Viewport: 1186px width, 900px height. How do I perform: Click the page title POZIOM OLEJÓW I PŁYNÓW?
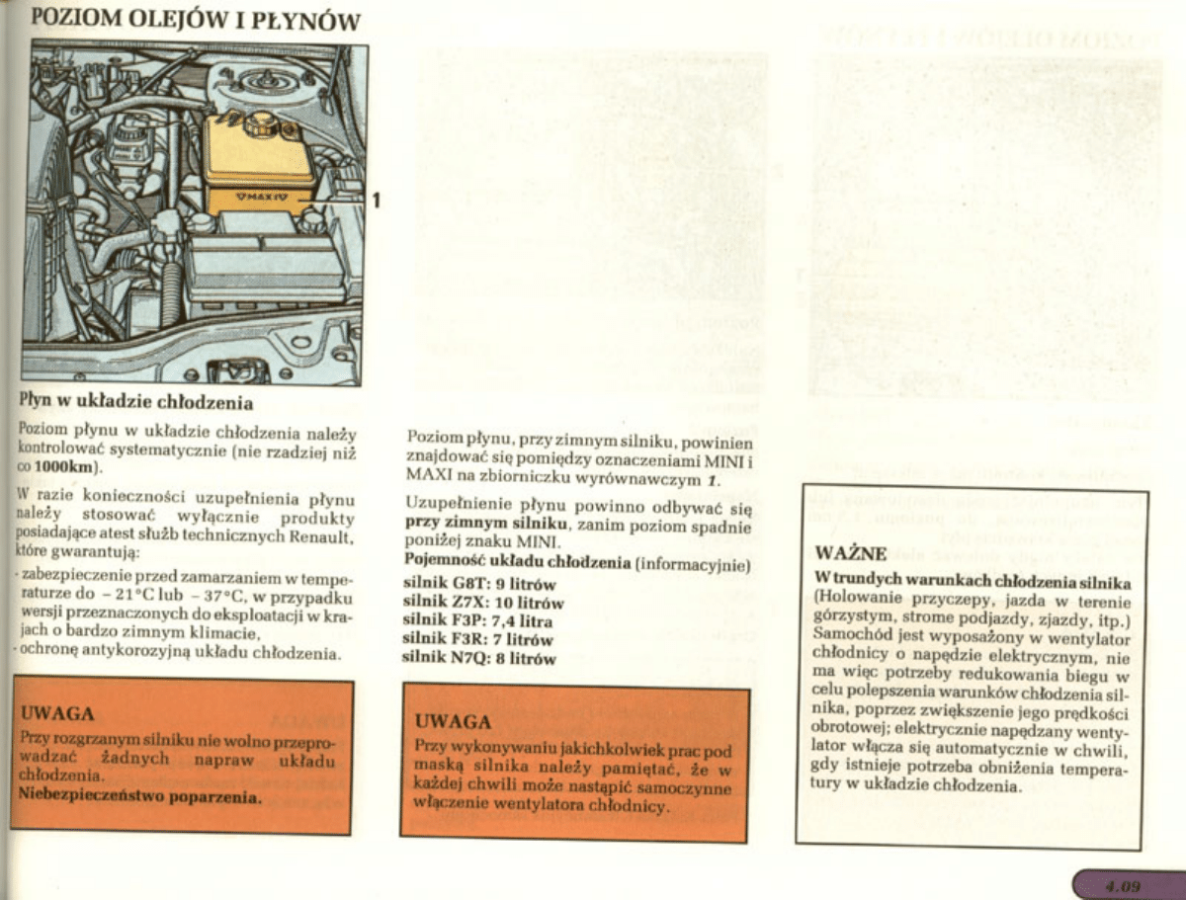(x=196, y=20)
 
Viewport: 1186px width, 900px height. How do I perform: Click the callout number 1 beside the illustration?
(x=376, y=201)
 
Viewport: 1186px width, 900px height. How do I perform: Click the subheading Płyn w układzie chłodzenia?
(x=137, y=402)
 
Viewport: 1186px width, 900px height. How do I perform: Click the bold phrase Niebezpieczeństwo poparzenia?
(x=140, y=795)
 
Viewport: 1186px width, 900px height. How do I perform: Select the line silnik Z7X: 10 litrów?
(x=484, y=603)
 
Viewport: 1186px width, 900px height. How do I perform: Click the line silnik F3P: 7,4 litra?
(x=478, y=621)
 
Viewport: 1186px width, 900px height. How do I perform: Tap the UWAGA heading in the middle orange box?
(x=453, y=721)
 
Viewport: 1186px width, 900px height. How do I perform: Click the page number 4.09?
(x=1124, y=885)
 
